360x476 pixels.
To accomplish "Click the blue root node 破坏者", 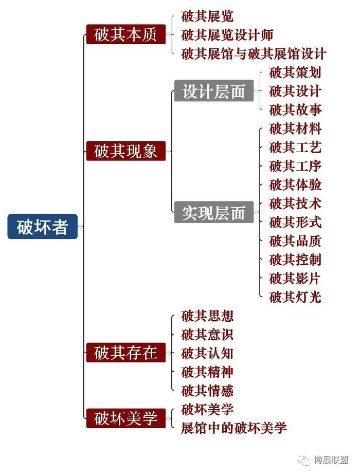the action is pyautogui.click(x=43, y=227).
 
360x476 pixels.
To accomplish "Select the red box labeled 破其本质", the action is pyautogui.click(x=125, y=34).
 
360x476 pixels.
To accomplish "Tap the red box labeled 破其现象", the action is pyautogui.click(x=125, y=151).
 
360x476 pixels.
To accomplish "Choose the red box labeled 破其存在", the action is pyautogui.click(x=125, y=353).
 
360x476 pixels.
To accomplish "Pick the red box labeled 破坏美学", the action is pyautogui.click(x=125, y=418).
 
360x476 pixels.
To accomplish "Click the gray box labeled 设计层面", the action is pyautogui.click(x=213, y=91).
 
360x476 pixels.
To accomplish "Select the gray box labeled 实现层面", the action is pyautogui.click(x=213, y=212).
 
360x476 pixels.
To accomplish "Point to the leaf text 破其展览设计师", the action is pyautogui.click(x=227, y=35).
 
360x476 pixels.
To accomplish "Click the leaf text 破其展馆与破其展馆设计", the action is pyautogui.click(x=254, y=53).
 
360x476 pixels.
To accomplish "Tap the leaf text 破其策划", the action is pyautogui.click(x=295, y=72).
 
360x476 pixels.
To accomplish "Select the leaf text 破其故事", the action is pyautogui.click(x=295, y=109).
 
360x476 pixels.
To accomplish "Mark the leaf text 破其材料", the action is pyautogui.click(x=295, y=129).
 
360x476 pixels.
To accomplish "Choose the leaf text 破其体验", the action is pyautogui.click(x=295, y=185).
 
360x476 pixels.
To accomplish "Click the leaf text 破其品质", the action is pyautogui.click(x=295, y=241).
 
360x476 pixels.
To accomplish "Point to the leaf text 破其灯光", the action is pyautogui.click(x=295, y=297).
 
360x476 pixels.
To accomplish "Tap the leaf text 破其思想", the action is pyautogui.click(x=207, y=316).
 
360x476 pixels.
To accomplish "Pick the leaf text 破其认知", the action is pyautogui.click(x=207, y=353).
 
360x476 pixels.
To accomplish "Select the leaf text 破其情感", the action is pyautogui.click(x=207, y=391).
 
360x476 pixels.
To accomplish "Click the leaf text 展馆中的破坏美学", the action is pyautogui.click(x=233, y=428).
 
